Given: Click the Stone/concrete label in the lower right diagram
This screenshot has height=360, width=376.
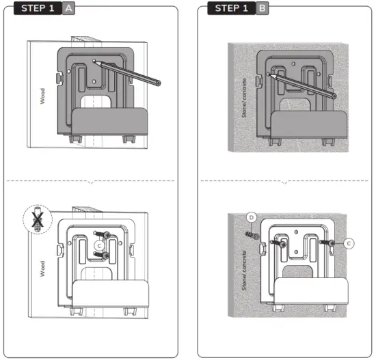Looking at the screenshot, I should (x=244, y=271).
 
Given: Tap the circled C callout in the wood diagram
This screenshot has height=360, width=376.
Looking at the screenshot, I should (x=100, y=244).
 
